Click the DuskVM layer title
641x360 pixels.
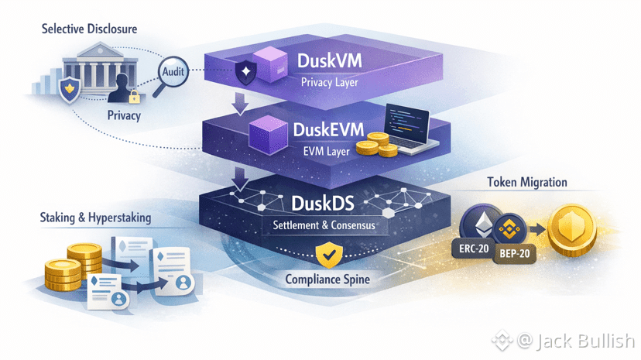pos(335,61)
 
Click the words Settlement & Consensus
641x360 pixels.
pos(324,226)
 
